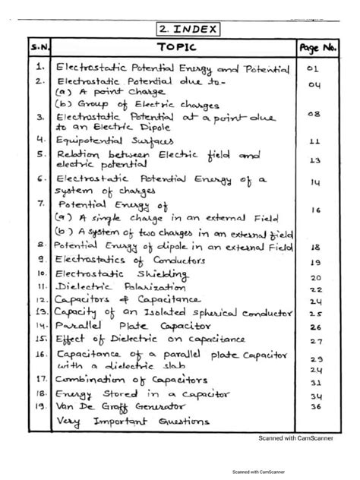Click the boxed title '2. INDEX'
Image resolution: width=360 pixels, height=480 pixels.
(188, 30)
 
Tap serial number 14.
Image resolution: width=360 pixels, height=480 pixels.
(40, 327)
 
